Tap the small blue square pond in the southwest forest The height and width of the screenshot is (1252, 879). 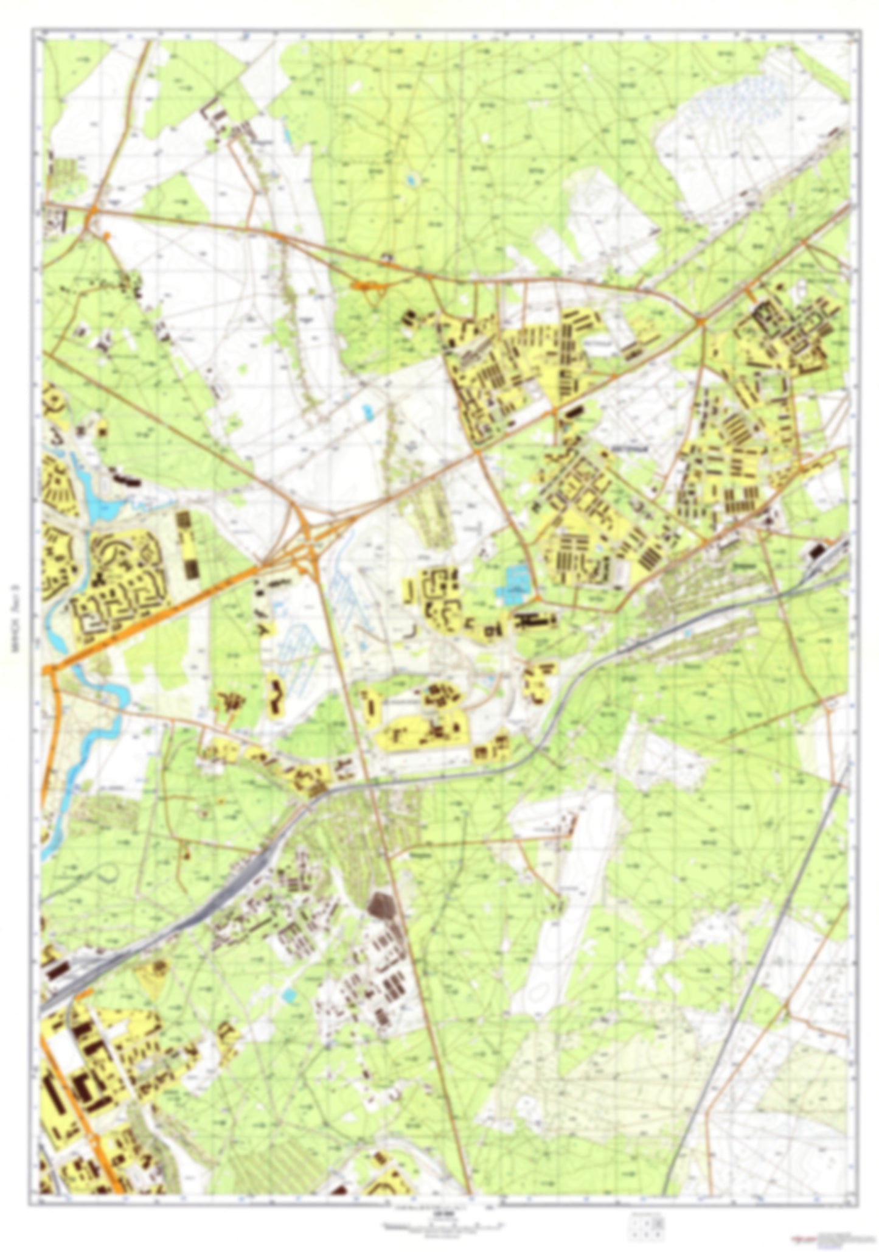click(x=290, y=996)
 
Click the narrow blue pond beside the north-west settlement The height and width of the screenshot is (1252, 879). click(x=285, y=135)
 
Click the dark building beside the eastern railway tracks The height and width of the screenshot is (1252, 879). click(x=815, y=551)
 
